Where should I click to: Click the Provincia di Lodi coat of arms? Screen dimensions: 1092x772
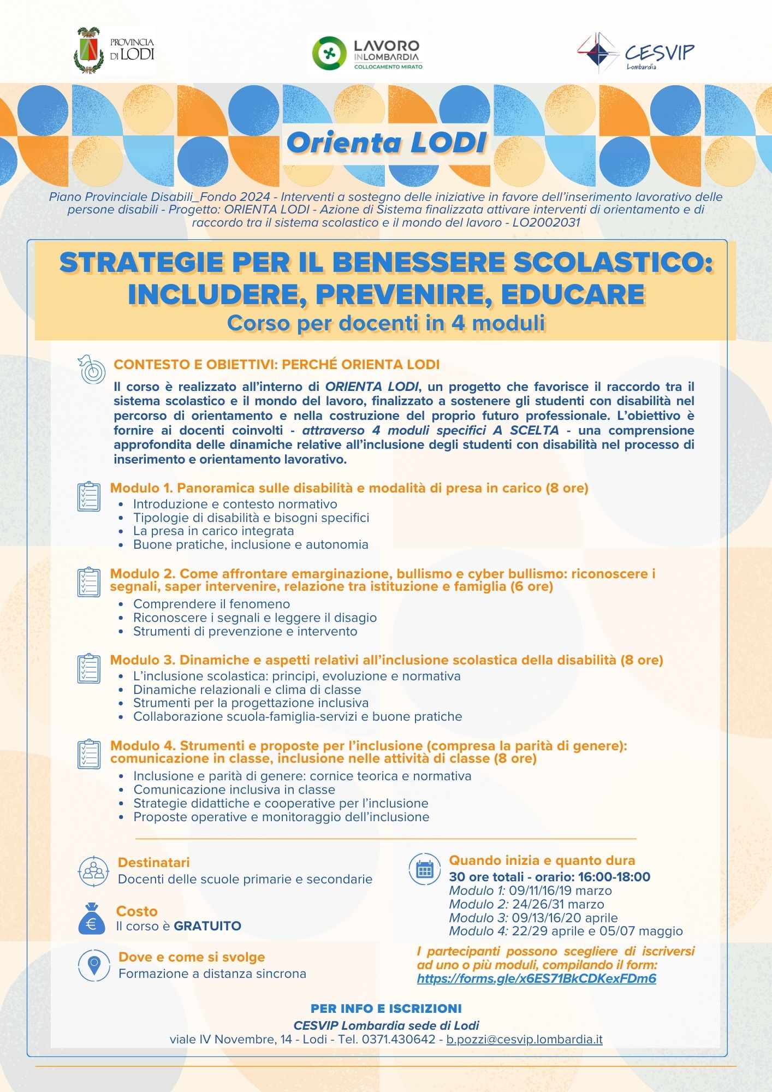point(88,51)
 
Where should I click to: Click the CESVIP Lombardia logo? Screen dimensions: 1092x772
point(637,52)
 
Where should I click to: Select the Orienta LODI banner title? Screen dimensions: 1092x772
point(387,143)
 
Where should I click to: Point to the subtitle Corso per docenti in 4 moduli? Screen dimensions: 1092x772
point(386,323)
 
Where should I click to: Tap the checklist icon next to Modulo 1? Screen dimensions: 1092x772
point(88,496)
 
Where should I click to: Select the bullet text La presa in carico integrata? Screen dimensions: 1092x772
point(213,531)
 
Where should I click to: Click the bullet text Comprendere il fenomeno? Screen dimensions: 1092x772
point(212,604)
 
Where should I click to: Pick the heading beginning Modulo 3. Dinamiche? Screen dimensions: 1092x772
point(387,660)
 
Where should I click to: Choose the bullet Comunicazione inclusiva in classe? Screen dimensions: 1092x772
point(234,790)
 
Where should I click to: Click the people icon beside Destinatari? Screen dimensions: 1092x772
point(93,871)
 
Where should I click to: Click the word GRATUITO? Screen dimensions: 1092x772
point(207,926)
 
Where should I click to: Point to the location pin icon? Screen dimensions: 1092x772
point(94,965)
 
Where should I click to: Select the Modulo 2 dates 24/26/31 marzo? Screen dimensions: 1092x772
point(558,904)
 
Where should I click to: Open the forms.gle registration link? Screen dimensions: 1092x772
point(536,978)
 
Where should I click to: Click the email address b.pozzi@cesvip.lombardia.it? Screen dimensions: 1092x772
point(524,1039)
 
